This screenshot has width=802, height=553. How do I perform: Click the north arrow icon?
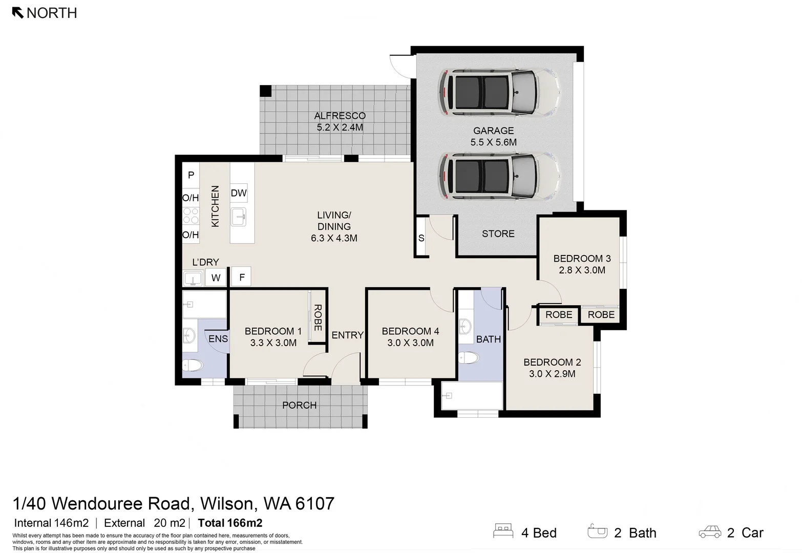18,12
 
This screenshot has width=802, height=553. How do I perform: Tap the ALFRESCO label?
340,116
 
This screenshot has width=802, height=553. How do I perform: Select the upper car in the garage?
499,92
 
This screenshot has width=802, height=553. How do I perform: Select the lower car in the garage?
499,176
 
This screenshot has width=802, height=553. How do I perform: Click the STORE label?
498,233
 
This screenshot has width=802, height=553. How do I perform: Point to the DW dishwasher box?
239,193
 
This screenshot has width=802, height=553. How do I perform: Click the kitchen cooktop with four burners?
191,216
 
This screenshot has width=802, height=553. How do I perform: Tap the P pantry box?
191,175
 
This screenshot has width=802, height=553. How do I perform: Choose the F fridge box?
241,277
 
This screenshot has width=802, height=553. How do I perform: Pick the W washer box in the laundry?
216,278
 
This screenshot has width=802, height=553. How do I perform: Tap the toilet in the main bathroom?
468,357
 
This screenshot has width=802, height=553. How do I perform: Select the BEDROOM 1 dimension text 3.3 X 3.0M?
273,343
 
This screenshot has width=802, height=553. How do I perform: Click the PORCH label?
299,405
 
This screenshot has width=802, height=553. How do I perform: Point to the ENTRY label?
347,335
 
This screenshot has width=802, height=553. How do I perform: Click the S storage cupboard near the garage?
421,238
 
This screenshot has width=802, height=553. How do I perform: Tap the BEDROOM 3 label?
582,259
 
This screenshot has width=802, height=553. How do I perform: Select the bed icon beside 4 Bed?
503,531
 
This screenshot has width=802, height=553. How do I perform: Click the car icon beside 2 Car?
710,532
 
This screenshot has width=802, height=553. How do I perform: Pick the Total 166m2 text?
230,523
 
